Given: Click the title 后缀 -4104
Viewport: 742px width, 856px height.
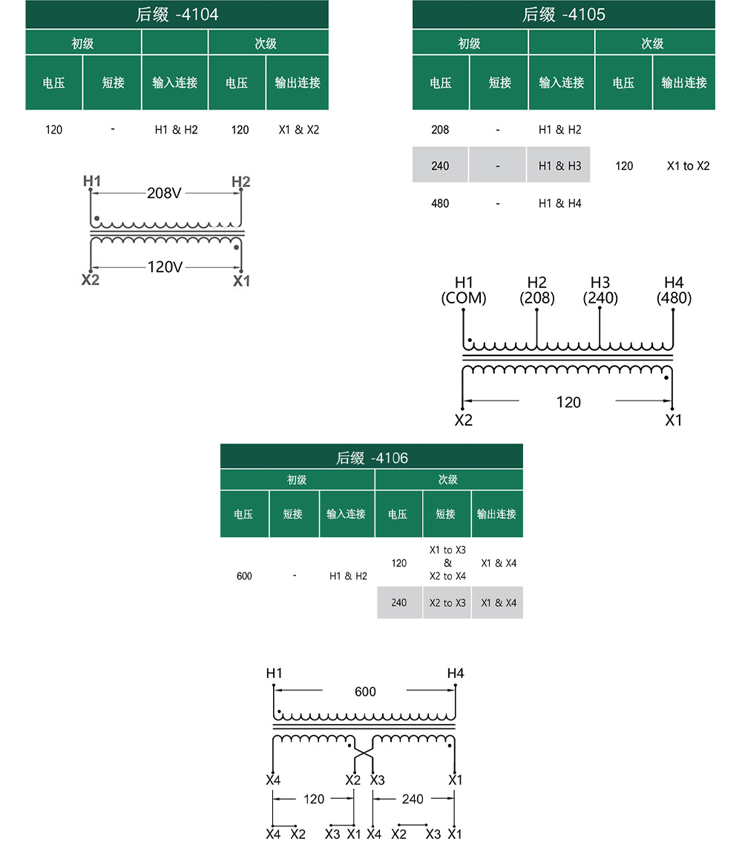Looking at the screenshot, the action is (x=177, y=14).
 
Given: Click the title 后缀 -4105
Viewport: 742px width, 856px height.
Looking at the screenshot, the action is (x=563, y=14).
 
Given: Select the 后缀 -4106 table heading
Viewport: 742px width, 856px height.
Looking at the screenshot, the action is (x=372, y=458).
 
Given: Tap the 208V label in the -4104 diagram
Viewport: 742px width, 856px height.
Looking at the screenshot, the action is (x=164, y=193).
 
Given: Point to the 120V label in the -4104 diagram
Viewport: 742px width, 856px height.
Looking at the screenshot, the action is (x=165, y=267).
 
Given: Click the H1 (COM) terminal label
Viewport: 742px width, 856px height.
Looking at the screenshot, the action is (x=464, y=290).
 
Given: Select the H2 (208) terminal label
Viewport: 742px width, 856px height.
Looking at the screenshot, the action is (x=536, y=290).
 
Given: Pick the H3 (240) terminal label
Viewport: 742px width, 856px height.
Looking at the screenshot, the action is (x=600, y=290).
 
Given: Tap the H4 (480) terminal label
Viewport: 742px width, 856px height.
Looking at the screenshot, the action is (x=674, y=290).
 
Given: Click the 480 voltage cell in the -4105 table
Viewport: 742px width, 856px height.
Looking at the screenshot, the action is (x=440, y=204).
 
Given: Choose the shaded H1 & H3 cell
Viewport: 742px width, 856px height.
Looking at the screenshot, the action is (x=559, y=165).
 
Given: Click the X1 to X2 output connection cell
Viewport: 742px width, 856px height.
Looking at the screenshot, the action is (x=688, y=166).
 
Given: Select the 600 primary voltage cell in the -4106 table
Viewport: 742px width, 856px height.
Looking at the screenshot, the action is (x=244, y=576).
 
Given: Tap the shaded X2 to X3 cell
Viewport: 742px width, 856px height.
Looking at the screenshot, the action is (x=447, y=603).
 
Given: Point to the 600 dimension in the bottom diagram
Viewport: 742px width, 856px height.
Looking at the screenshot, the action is (x=365, y=691).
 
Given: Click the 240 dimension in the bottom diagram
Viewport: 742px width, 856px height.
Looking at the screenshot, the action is (x=413, y=799).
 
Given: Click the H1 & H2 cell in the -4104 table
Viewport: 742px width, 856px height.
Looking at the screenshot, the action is (x=176, y=129).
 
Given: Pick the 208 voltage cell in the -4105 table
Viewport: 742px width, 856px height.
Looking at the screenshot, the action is (x=440, y=129).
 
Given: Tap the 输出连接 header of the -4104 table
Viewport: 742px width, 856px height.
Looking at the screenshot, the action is (x=298, y=82).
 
